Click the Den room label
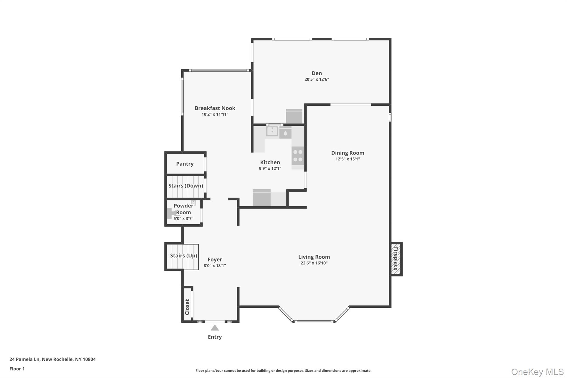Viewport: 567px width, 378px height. pos(317,73)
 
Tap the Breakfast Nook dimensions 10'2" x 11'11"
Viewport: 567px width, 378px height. pos(215,114)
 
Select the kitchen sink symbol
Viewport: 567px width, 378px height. pos(272,131)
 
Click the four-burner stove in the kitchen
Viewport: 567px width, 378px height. pos(298,156)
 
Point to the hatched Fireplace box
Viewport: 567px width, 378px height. pos(396,259)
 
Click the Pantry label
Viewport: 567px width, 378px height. pos(185,164)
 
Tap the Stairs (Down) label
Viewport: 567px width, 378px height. pos(185,186)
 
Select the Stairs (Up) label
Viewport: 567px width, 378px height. pos(183,256)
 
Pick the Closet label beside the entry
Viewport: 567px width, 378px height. pos(187,307)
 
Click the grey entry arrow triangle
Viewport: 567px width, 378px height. pos(215,328)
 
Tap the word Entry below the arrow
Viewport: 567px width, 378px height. pos(215,337)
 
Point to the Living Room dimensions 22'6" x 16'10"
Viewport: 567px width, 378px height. pos(314,263)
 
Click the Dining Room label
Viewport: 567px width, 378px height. pos(348,153)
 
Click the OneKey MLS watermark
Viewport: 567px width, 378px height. pos(537,372)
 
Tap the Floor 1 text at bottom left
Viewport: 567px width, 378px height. pos(17,369)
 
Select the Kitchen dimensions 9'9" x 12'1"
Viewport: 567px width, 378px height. pos(270,168)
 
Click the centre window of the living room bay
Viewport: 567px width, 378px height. pos(314,322)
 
